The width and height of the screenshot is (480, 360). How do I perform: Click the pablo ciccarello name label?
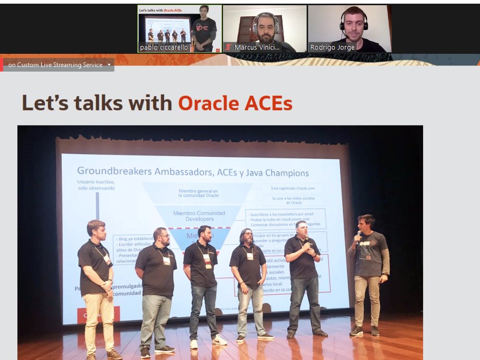click(x=163, y=48)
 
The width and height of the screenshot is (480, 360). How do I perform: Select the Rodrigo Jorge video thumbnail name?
click(x=332, y=48)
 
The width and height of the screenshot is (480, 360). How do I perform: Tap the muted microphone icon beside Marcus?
click(x=228, y=48)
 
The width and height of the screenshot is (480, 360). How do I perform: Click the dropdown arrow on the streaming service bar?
click(x=109, y=65)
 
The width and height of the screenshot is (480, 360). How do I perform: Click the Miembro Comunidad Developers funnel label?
click(x=199, y=216)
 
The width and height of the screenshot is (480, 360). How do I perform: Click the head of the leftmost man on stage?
click(x=96, y=229)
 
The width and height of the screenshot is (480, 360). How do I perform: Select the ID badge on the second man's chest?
click(x=166, y=260)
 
